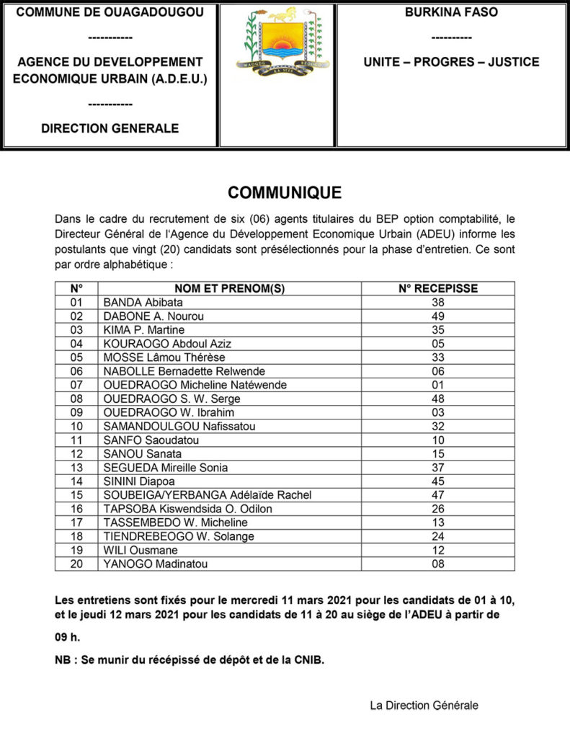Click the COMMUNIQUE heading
pos(285,192)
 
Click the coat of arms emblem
pos(277,46)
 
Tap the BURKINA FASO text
pos(451,12)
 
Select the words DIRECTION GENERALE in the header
pos(110,129)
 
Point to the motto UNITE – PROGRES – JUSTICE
pos(451,62)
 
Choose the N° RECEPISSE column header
pos(438,289)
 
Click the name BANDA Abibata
pos(143,303)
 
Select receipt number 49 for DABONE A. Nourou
pos(438,316)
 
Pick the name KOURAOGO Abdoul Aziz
pos(167,344)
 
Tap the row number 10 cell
pos(76,426)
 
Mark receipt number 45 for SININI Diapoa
pos(438,481)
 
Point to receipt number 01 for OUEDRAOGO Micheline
pos(438,385)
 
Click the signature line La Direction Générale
pos(424,706)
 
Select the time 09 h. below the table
pos(68,637)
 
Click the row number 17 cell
pos(76,523)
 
